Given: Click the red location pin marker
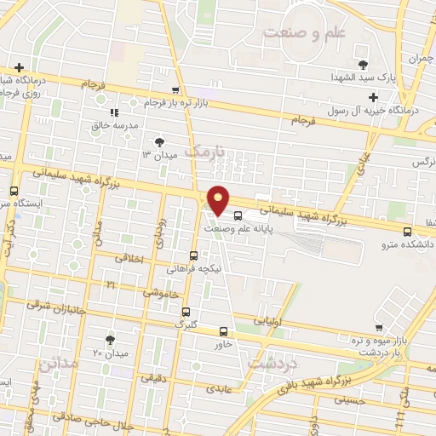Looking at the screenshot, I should pyautogui.click(x=219, y=200).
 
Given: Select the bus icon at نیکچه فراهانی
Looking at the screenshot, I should pyautogui.click(x=193, y=255).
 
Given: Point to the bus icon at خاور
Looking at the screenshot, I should pyautogui.click(x=223, y=331).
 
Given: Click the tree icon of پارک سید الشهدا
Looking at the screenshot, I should pyautogui.click(x=363, y=64).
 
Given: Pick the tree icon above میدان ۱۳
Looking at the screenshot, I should pyautogui.click(x=158, y=141).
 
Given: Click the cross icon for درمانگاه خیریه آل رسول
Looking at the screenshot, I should pyautogui.click(x=373, y=98).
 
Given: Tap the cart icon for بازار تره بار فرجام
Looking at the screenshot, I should pyautogui.click(x=175, y=90).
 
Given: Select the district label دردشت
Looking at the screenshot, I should pyautogui.click(x=272, y=361).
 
